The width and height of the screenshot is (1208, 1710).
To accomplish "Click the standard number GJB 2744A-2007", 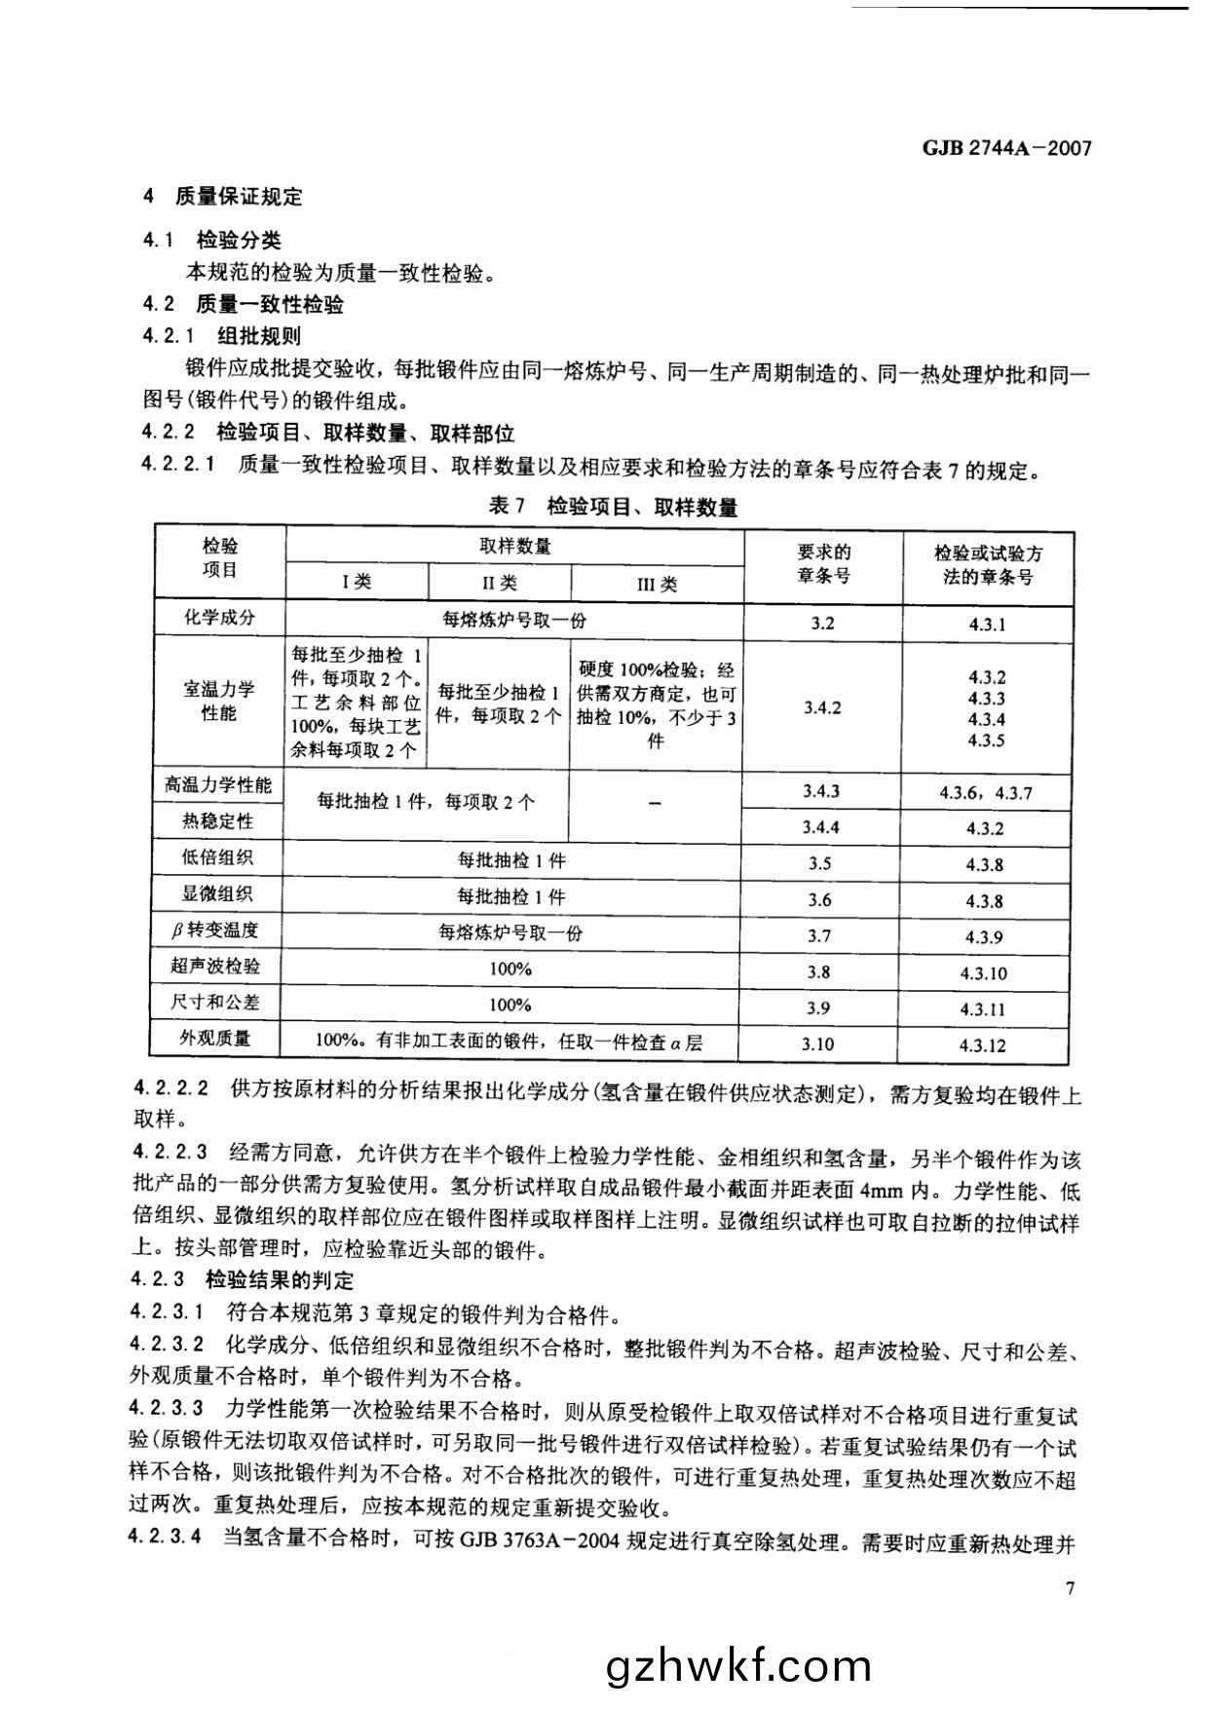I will click(1005, 148).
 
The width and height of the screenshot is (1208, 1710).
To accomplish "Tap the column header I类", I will click(357, 582).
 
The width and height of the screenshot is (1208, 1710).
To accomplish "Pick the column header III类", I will click(657, 584).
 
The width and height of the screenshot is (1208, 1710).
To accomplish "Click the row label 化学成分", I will click(219, 617).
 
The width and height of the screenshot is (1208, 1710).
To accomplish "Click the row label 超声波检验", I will click(215, 967).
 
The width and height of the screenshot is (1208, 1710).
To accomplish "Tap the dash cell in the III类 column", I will click(655, 804).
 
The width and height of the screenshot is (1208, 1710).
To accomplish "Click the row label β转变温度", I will click(215, 931).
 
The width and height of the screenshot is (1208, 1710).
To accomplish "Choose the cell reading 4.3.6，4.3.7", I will click(986, 793).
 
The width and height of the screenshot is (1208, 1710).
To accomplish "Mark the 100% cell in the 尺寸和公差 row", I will click(510, 1005).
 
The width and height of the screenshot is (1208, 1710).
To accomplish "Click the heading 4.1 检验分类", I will click(212, 240).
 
